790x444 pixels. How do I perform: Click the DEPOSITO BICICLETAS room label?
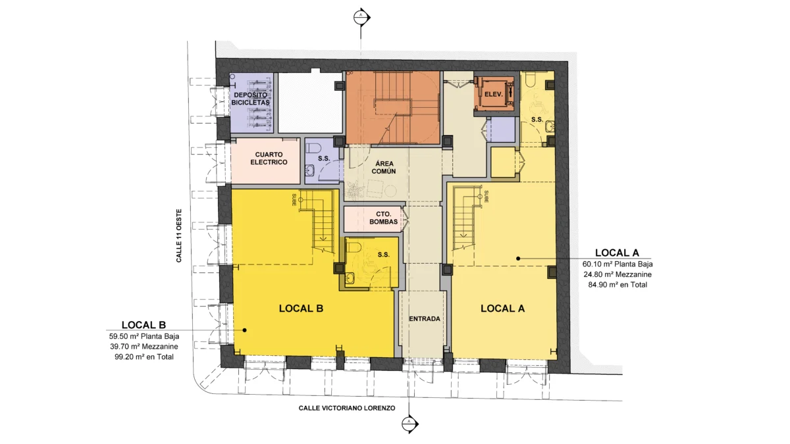pos(251,99)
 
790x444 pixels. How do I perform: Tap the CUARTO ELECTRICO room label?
pos(269,159)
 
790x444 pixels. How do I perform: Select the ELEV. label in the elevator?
pos(493,95)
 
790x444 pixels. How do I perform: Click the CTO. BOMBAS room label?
pos(383,218)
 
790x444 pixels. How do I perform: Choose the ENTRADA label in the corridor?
pos(424,319)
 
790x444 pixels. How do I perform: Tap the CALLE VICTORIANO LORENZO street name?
pos(347,408)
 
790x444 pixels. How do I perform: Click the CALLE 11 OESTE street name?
pos(179,235)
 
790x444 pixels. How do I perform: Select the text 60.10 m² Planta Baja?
pos(618,264)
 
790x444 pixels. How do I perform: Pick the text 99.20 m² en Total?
pos(144,357)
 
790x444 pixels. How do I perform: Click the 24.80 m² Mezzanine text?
pos(618,274)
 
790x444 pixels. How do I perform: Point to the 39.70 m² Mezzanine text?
pos(144,347)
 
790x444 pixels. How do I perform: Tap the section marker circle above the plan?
pos(361,17)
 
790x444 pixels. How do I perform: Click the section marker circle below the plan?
pos(409,424)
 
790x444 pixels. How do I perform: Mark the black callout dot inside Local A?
pos(518,259)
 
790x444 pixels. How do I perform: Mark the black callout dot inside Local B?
pos(244,330)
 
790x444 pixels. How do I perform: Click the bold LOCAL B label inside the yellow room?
pos(301,308)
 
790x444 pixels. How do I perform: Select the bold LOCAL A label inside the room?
pos(502,308)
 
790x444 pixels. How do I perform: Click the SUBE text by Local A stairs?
pos(486,197)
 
